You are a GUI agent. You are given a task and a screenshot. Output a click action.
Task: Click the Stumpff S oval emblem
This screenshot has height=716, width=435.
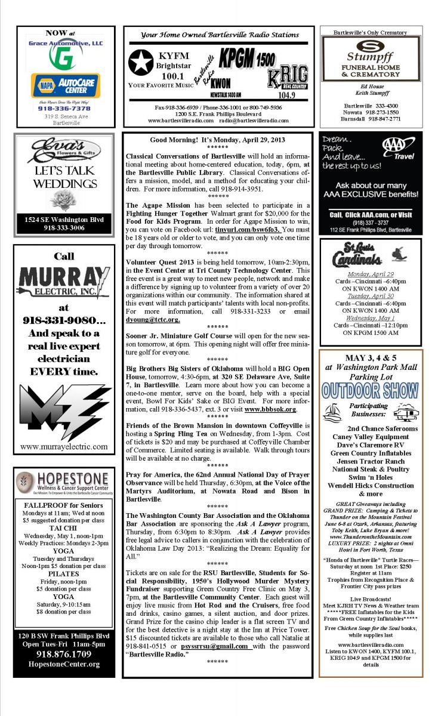[x=371, y=45]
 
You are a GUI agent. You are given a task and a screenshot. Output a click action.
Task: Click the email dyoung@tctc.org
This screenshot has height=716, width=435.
[x=153, y=319]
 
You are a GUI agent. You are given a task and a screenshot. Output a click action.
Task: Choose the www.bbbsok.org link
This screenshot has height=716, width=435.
[x=270, y=409]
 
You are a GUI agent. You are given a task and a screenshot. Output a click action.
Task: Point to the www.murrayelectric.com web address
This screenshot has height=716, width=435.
[x=64, y=446]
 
